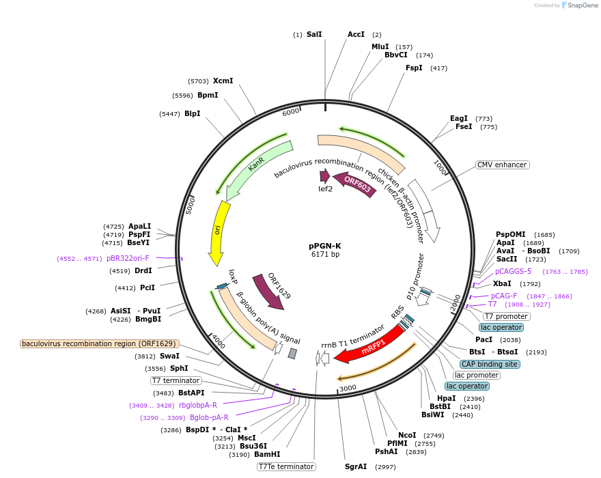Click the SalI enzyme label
click(x=314, y=34)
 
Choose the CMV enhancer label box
click(x=502, y=165)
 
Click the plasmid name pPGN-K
click(x=324, y=246)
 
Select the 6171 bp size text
click(x=324, y=255)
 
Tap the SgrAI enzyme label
click(x=356, y=467)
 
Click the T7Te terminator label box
click(x=286, y=467)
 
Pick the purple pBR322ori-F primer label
click(x=128, y=259)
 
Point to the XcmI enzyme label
click(x=223, y=81)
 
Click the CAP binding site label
click(x=490, y=364)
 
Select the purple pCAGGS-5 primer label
click(x=513, y=272)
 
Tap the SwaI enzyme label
click(x=169, y=356)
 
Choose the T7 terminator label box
click(x=176, y=380)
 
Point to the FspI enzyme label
click(x=415, y=68)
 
